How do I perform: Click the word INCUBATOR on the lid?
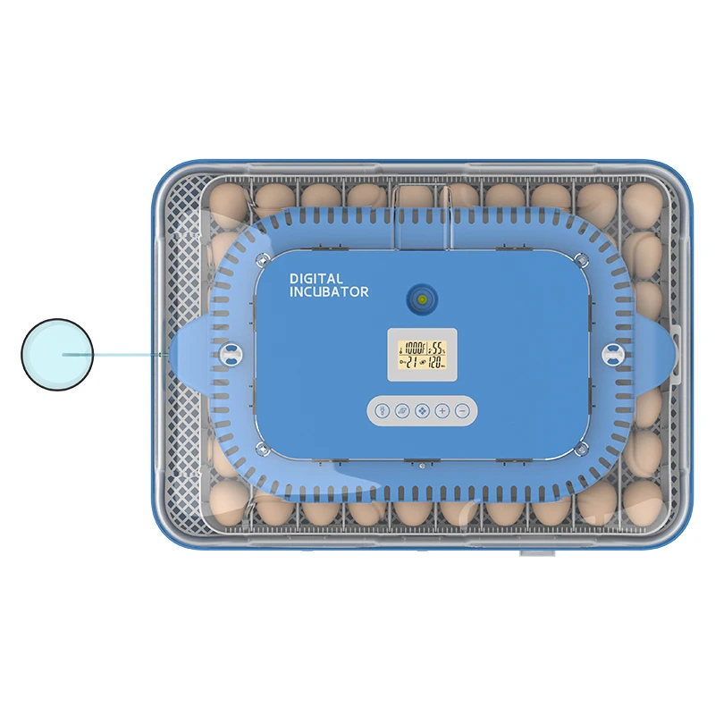coord(329,292)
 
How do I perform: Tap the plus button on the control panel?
coord(442,411)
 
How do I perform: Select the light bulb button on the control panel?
coord(383,411)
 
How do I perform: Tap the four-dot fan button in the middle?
coord(423,411)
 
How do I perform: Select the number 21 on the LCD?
coord(409,362)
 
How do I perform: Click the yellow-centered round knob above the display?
coord(421,299)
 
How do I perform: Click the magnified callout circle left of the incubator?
coord(57,355)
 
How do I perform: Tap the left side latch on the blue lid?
coord(233,354)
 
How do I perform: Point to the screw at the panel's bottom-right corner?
coord(582,446)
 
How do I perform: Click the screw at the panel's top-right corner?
coord(582,260)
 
